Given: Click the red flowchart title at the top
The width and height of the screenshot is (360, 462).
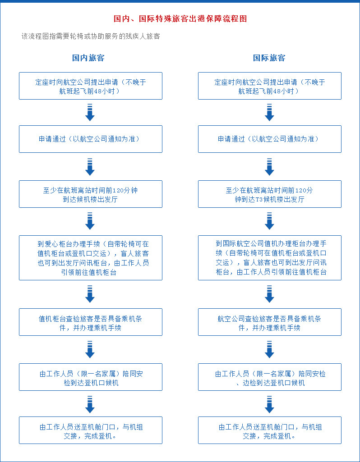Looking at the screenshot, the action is (x=180, y=18).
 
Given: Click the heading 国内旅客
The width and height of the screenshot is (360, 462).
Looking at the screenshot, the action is (x=88, y=58).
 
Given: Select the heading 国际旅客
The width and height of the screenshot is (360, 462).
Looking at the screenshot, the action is (x=269, y=58).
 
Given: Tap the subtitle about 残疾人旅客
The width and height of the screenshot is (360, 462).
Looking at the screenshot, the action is (x=91, y=37).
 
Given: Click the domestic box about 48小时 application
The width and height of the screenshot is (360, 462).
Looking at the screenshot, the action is (x=91, y=86).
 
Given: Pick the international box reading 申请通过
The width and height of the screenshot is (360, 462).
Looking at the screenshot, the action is (x=270, y=139).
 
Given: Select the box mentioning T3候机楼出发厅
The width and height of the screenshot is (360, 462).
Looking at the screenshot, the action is (x=270, y=194).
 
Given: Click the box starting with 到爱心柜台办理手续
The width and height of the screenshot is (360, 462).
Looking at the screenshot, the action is (x=91, y=258).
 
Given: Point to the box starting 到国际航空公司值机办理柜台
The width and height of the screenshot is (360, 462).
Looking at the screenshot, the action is (x=270, y=258).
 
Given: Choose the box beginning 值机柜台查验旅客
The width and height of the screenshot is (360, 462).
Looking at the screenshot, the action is (x=91, y=322).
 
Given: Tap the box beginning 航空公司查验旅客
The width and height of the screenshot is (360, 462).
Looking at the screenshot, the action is (x=270, y=322).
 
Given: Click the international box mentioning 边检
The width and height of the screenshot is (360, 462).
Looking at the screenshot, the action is (x=270, y=377).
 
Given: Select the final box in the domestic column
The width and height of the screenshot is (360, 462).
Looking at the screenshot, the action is (x=91, y=430).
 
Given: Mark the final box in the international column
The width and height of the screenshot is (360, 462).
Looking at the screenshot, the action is (x=270, y=430).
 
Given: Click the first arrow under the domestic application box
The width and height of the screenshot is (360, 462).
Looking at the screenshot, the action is (x=90, y=112).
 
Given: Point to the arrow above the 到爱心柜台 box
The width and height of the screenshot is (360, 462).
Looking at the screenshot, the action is (x=90, y=221).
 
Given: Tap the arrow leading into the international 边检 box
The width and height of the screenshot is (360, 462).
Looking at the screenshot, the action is (x=269, y=349).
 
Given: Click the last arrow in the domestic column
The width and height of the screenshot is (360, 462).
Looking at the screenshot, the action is (x=90, y=405).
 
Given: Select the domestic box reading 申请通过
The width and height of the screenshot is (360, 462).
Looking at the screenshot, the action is (x=91, y=139).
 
